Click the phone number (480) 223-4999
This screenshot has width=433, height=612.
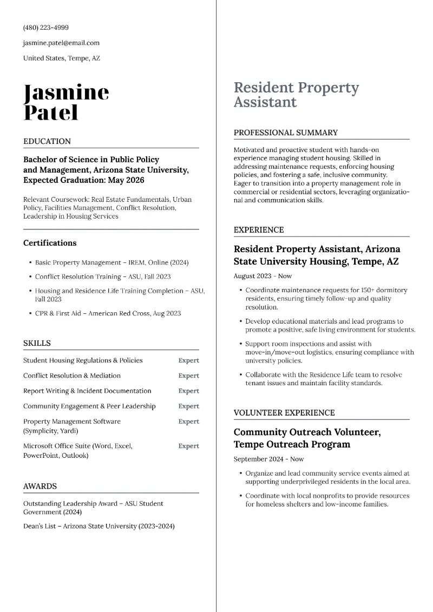[45, 28]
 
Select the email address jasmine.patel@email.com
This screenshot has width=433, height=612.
[61, 43]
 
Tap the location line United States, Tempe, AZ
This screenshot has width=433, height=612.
[61, 58]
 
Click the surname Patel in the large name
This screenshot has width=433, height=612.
[51, 113]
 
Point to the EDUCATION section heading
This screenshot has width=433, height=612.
[47, 141]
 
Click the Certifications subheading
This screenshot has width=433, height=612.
[50, 243]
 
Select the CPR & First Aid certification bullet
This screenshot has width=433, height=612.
[108, 313]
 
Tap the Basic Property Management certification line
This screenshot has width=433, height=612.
[111, 262]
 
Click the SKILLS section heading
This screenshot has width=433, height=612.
[37, 343]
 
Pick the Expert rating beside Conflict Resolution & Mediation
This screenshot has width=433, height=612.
[188, 376]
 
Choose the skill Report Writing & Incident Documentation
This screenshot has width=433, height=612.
[87, 391]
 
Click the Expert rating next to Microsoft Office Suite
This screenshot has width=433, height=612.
[188, 446]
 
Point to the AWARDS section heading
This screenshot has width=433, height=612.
[40, 486]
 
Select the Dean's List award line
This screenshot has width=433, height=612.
[99, 526]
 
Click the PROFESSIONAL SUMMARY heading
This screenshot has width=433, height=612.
[285, 133]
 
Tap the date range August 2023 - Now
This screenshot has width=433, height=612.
[263, 276]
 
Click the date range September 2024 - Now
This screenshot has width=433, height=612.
[268, 459]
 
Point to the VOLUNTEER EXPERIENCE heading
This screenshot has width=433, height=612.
[284, 413]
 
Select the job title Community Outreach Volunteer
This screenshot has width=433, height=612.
[307, 432]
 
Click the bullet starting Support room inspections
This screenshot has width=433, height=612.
[329, 352]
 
